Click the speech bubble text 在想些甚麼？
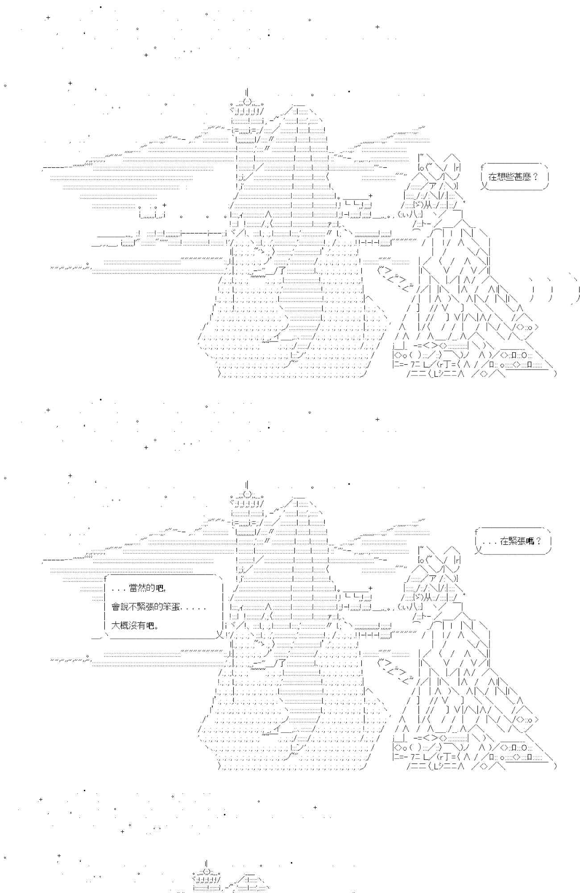514,176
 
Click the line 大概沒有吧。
135,626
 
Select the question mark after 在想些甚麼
535,176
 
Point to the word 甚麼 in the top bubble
523,176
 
